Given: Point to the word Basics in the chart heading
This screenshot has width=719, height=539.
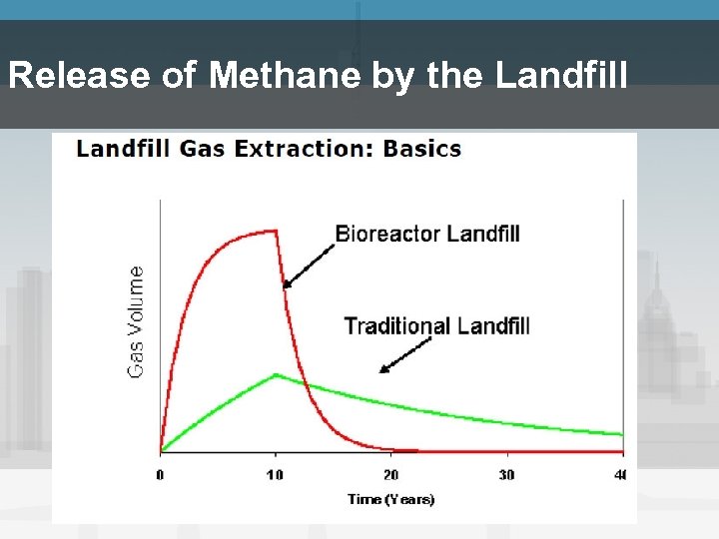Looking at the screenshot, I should [x=421, y=150].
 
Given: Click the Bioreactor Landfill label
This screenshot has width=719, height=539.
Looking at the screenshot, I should [x=427, y=235].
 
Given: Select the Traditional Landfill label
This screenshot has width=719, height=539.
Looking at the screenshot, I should [x=436, y=325].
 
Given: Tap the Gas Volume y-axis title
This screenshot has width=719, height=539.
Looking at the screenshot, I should [x=135, y=320].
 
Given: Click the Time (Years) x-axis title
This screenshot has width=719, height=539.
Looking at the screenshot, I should [x=391, y=499].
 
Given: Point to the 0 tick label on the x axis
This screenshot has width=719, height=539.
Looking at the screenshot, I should [x=160, y=474].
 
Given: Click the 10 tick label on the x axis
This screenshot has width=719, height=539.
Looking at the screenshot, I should [x=275, y=474].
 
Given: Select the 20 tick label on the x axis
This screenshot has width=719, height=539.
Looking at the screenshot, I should [x=390, y=474].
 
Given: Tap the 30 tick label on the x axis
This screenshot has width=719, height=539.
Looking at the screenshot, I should [x=506, y=474].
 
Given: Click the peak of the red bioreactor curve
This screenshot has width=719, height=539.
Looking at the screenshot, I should [x=275, y=232].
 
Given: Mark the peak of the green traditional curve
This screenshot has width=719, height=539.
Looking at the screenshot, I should [x=276, y=374].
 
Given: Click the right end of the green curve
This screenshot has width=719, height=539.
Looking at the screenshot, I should [x=621, y=434].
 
